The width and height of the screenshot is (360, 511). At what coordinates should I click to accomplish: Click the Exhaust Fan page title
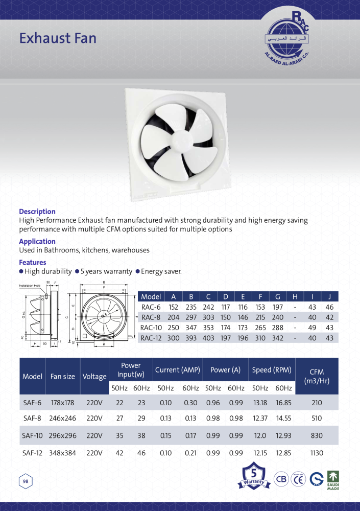(x=58, y=38)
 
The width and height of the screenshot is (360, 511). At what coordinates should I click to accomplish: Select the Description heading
(x=37, y=212)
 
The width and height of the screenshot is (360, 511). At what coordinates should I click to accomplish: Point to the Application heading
(x=37, y=241)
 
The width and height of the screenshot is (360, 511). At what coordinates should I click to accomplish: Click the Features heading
(x=33, y=263)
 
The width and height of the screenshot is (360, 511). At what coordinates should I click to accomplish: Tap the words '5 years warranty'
(x=106, y=271)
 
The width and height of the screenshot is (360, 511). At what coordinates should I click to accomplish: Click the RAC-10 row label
(x=151, y=328)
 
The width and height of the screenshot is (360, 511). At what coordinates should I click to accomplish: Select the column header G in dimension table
(x=277, y=297)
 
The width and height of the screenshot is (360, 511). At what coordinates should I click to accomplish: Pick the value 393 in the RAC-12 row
(x=190, y=338)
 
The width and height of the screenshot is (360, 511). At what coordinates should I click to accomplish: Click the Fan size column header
(x=63, y=377)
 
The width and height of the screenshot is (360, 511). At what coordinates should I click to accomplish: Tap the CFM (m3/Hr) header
(x=317, y=377)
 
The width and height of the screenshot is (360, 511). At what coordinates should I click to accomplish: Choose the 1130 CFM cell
(x=317, y=453)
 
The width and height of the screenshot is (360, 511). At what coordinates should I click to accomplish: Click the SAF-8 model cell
(x=33, y=418)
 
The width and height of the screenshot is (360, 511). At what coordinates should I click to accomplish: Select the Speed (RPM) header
(x=272, y=370)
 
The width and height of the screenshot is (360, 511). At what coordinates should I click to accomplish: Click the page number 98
(x=25, y=481)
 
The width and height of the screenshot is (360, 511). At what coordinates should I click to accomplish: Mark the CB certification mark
(x=281, y=479)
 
